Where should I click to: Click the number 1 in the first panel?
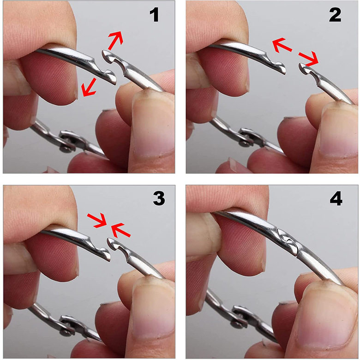click(154, 15)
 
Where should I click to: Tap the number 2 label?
click(335, 15)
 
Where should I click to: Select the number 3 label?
click(159, 198)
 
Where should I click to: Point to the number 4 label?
click(336, 199)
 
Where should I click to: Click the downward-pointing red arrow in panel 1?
click(89, 87)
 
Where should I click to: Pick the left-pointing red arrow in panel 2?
click(282, 45)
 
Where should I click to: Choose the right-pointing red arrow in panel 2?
click(309, 58)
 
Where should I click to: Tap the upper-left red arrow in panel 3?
click(96, 220)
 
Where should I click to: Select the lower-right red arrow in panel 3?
click(121, 230)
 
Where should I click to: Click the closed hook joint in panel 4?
click(288, 241)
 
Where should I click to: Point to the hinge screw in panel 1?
click(66, 149)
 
